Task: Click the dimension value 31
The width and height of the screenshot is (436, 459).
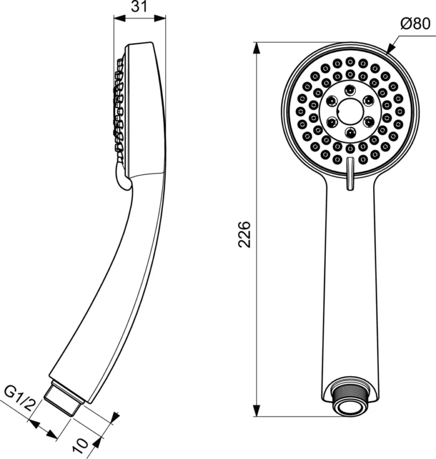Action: pos(139,7)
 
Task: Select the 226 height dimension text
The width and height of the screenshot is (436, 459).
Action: pos(245,234)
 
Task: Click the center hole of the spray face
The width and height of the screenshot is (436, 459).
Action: pos(349,110)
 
